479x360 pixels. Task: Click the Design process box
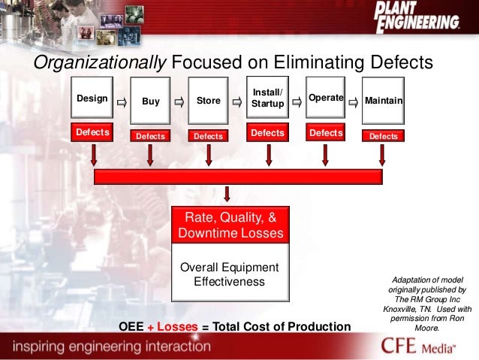pyautogui.click(x=92, y=98)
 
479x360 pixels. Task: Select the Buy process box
pyautogui.click(x=151, y=101)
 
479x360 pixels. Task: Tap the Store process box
pyautogui.click(x=208, y=101)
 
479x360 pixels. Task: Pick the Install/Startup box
pyautogui.click(x=267, y=98)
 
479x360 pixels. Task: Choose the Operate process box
pyautogui.click(x=325, y=98)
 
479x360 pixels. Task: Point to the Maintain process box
pyautogui.click(x=383, y=99)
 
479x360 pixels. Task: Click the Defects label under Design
pyautogui.click(x=92, y=132)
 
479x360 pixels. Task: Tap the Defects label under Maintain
pyautogui.click(x=383, y=136)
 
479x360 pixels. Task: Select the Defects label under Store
pyautogui.click(x=208, y=136)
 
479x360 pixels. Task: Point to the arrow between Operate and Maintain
pyautogui.click(x=354, y=100)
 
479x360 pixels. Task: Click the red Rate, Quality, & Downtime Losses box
pyautogui.click(x=230, y=225)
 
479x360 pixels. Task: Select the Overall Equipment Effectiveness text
pyautogui.click(x=230, y=274)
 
